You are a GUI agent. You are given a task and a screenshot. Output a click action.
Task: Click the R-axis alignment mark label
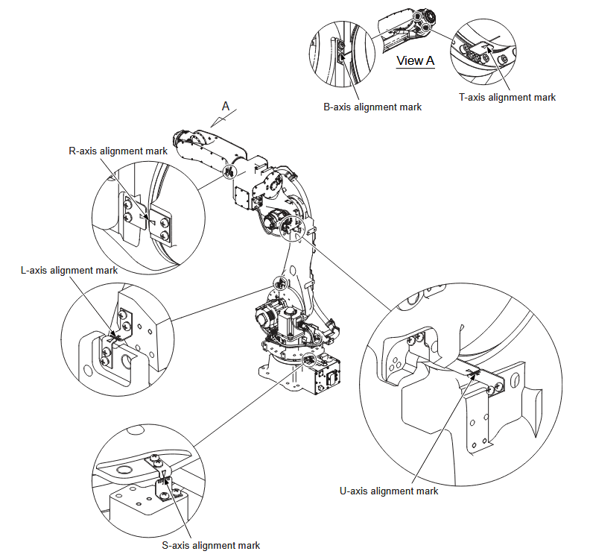tap(118, 151)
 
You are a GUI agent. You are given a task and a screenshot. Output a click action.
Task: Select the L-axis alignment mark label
tap(69, 271)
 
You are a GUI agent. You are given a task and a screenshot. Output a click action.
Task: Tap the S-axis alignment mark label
tap(211, 545)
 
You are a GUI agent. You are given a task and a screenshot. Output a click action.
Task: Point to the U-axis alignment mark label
tap(389, 491)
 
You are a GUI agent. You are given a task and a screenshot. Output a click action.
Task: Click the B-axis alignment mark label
tap(372, 107)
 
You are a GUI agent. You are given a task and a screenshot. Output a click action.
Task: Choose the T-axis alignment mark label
tap(507, 97)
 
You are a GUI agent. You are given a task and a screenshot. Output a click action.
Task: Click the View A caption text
tap(415, 61)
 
